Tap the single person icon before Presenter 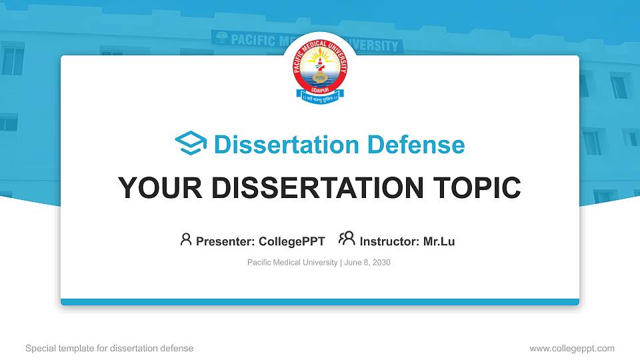pyautogui.click(x=186, y=239)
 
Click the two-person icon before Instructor pyautogui.click(x=347, y=239)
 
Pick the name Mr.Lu pyautogui.click(x=439, y=241)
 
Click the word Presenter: pyautogui.click(x=225, y=241)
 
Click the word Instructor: pyautogui.click(x=389, y=241)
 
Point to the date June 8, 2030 pyautogui.click(x=367, y=263)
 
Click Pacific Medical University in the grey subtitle pyautogui.click(x=292, y=263)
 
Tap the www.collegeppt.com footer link pyautogui.click(x=572, y=348)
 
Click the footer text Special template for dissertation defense pyautogui.click(x=109, y=348)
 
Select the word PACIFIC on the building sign pyautogui.click(x=253, y=40)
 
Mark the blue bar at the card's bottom pyautogui.click(x=320, y=302)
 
